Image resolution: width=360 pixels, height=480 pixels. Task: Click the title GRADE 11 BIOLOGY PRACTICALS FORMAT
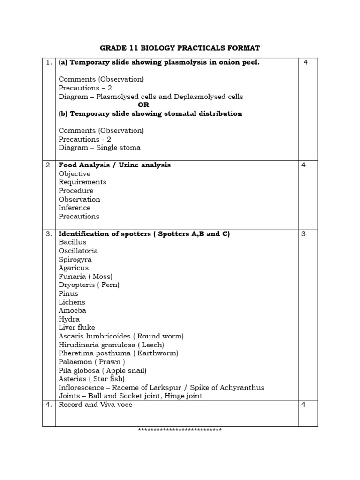[180, 48]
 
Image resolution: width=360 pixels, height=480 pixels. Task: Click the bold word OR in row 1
[143, 105]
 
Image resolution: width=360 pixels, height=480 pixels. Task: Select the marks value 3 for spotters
[303, 234]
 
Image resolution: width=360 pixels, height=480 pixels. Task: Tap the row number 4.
[49, 405]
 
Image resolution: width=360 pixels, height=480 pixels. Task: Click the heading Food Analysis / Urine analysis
[114, 165]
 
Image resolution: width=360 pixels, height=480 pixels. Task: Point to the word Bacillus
[72, 242]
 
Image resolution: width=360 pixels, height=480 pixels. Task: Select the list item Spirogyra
[75, 259]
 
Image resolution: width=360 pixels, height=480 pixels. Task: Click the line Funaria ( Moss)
[85, 277]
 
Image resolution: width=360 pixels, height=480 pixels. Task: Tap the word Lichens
[72, 302]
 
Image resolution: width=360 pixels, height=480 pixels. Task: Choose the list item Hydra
[69, 319]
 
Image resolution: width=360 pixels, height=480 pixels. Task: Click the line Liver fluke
[76, 328]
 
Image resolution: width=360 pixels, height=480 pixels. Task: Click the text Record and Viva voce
[95, 405]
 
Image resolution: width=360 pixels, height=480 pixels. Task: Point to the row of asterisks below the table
[180, 430]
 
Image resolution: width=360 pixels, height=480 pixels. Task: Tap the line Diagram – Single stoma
[99, 148]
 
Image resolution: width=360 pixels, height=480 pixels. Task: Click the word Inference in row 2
[75, 208]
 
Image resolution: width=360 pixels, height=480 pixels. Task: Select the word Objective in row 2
[74, 173]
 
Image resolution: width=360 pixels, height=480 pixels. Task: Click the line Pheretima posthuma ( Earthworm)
[118, 353]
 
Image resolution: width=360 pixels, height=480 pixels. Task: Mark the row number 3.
[49, 234]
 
